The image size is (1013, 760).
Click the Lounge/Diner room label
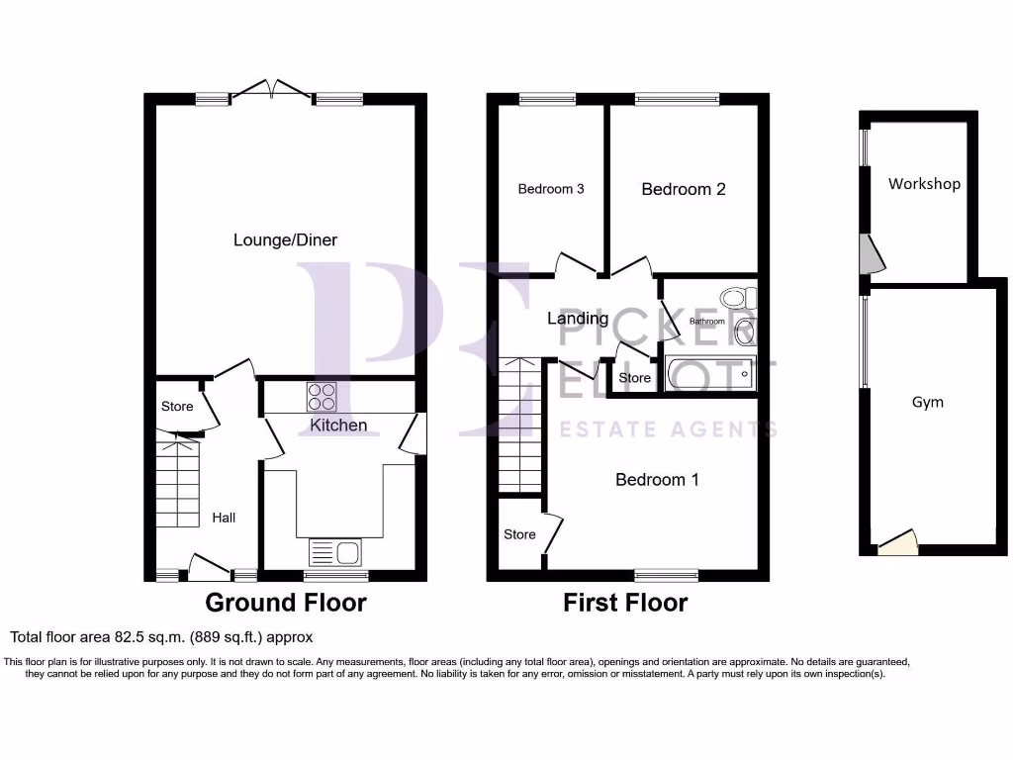[285, 239]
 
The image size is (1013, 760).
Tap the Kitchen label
[339, 426]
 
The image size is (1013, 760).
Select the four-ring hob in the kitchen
[321, 396]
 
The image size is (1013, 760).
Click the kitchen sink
[337, 551]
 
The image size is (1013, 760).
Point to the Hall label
[224, 517]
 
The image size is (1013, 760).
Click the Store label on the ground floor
[177, 406]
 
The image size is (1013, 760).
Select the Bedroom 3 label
[551, 189]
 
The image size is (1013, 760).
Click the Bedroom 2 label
[684, 189]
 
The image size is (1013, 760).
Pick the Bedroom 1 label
[657, 480]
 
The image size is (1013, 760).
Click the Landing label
[578, 319]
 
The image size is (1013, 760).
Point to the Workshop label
[924, 184]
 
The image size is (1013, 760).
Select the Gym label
[928, 402]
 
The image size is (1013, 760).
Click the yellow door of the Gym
[898, 541]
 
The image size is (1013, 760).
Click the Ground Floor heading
[285, 602]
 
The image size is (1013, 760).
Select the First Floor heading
[625, 602]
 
